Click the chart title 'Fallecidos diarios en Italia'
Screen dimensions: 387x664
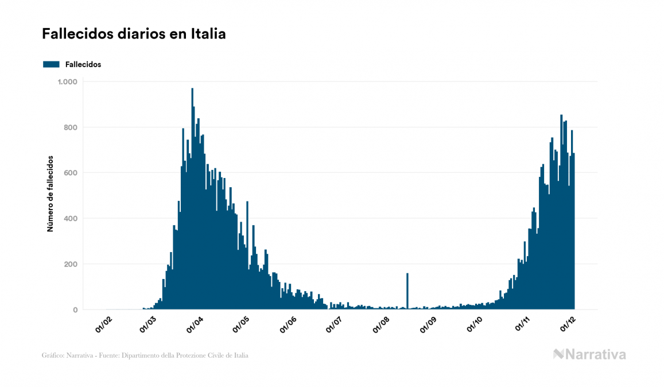134,34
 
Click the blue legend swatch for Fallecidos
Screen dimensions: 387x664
51,64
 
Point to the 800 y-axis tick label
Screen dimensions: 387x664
71,127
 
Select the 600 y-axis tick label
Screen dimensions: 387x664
71,173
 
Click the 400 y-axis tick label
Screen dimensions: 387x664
71,219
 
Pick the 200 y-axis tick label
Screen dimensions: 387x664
71,264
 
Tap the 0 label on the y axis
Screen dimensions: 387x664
75,310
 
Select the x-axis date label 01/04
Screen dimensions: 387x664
195,324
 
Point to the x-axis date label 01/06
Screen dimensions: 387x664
288,324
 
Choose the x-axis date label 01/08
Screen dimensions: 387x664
382,324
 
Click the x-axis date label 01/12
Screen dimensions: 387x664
568,324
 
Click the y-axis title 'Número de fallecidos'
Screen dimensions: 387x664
50,193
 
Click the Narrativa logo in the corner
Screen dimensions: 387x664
589,354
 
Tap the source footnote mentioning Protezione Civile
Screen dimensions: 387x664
145,355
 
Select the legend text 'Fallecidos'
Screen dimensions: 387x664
83,64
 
